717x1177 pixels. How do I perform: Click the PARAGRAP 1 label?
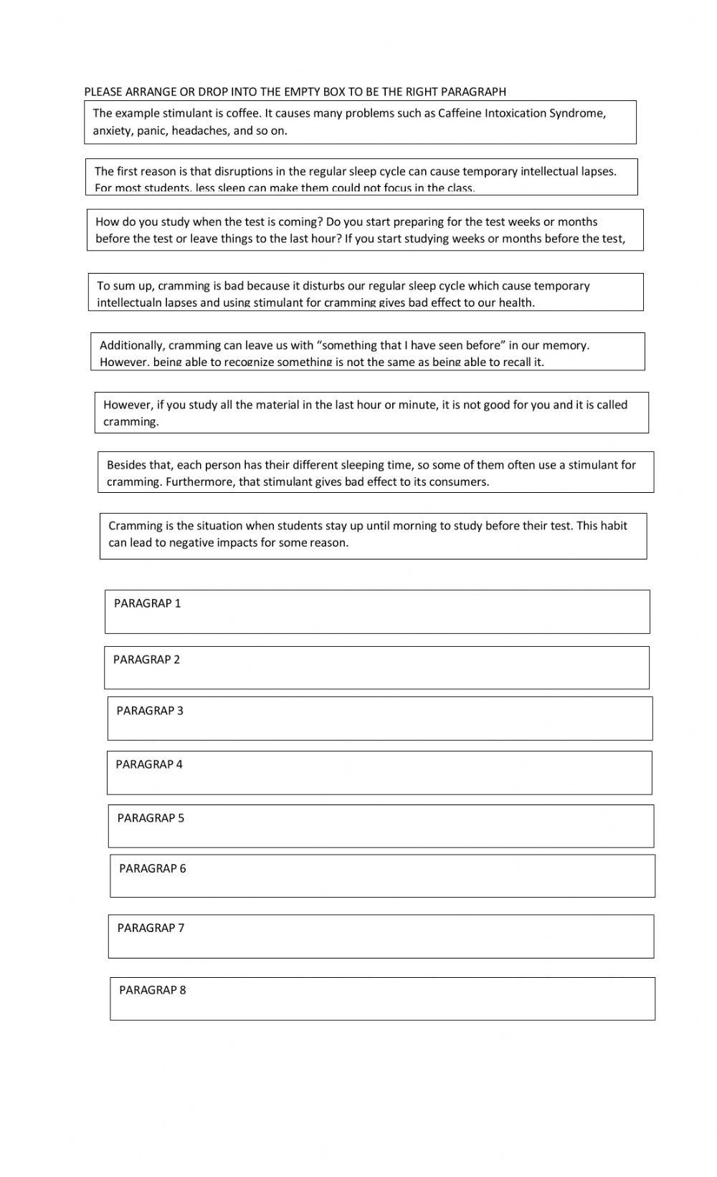(147, 603)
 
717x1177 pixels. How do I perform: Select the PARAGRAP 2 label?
(146, 659)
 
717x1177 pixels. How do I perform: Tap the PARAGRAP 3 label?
(150, 711)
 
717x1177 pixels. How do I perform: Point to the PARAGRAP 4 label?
(149, 764)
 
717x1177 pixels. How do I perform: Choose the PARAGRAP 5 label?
(151, 818)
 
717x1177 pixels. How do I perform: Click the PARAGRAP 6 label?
(152, 868)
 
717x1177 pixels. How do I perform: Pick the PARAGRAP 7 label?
(151, 928)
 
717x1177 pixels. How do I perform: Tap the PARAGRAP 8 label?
(152, 990)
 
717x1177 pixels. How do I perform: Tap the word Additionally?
(132, 345)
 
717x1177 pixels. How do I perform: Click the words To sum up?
(125, 286)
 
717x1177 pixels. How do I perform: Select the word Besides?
(127, 465)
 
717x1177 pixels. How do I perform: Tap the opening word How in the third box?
(107, 222)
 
